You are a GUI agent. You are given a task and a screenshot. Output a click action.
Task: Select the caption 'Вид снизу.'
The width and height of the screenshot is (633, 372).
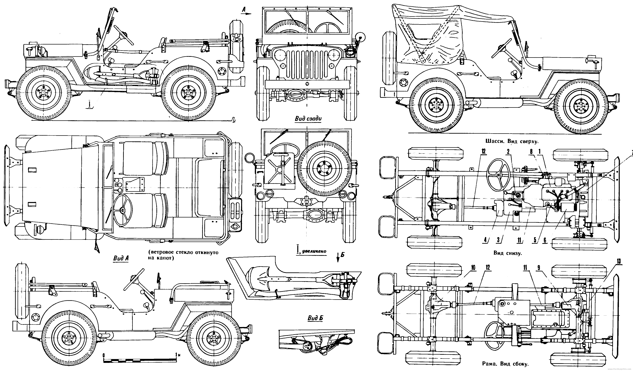[507, 253]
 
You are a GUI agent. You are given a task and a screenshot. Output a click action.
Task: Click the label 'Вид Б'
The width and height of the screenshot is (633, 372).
[315, 318]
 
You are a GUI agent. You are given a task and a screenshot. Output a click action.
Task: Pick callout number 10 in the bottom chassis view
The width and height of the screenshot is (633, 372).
[473, 268]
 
